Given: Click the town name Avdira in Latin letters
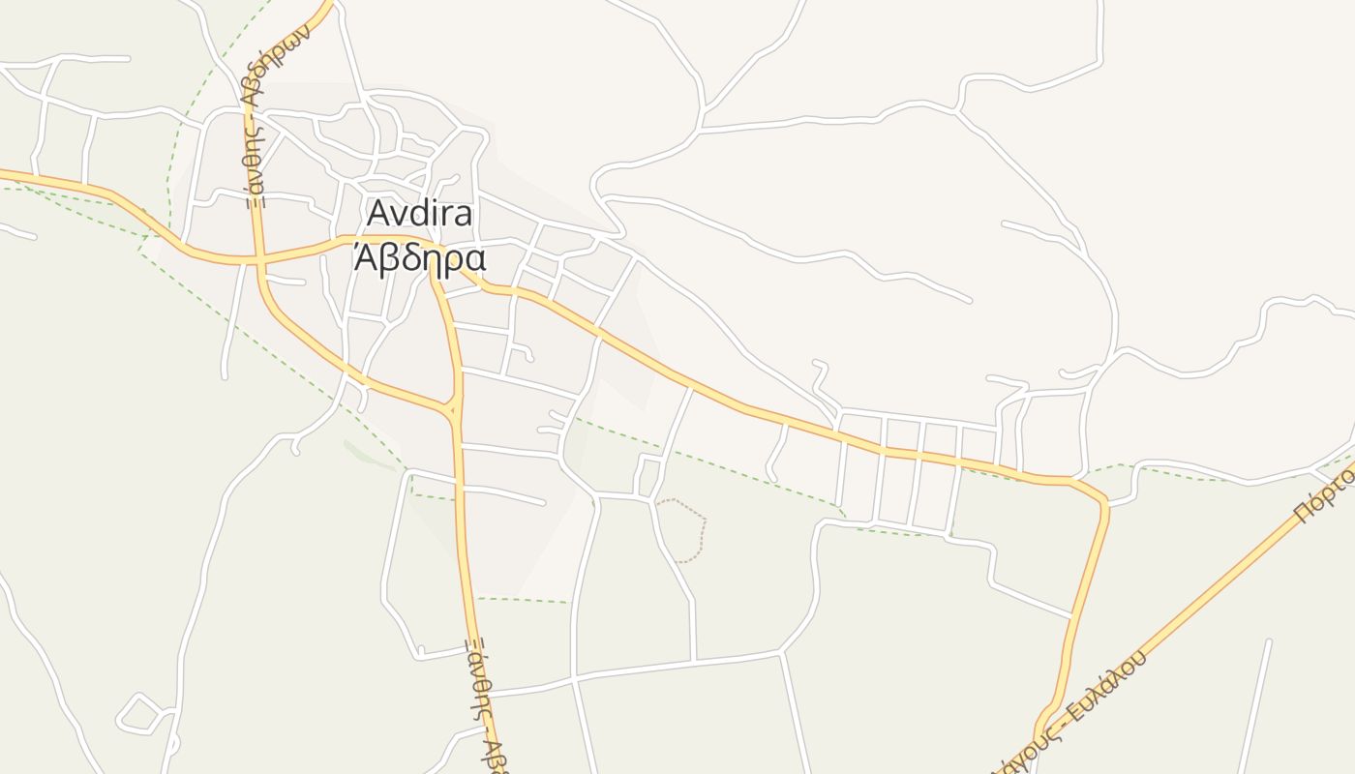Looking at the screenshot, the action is (x=420, y=214).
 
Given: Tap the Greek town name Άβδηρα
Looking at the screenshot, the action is (x=418, y=258).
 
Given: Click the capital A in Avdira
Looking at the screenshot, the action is (x=378, y=214).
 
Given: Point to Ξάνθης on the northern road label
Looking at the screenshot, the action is (x=254, y=160).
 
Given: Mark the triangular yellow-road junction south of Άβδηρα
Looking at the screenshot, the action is (x=454, y=409).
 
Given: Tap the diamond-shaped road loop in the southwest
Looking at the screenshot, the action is (x=139, y=714).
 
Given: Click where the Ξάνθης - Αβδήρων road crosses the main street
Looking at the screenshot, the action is (x=258, y=260).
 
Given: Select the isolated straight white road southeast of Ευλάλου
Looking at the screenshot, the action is (x=1254, y=706).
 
